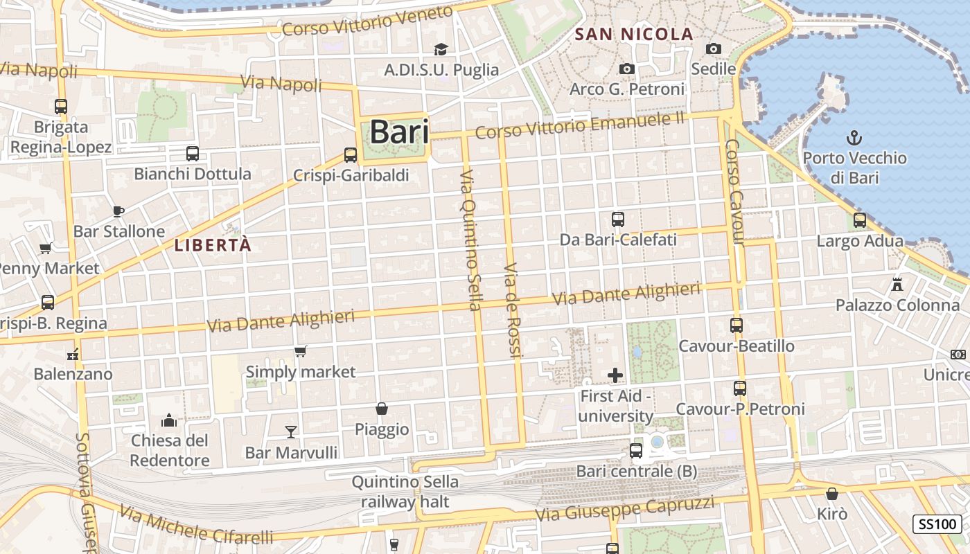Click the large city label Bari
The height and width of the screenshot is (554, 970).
click(399, 132)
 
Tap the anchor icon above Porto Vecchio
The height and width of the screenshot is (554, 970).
click(854, 137)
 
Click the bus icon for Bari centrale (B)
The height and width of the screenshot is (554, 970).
click(635, 451)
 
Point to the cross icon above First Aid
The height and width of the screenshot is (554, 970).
click(615, 375)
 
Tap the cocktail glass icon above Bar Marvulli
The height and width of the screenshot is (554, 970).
click(291, 432)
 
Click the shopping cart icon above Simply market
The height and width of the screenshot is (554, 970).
click(300, 352)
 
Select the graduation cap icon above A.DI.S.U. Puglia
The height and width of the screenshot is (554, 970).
click(441, 48)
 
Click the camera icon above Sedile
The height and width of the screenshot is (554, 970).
click(713, 48)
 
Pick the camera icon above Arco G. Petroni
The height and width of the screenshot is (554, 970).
click(626, 69)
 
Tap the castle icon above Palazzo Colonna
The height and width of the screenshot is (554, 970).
click(897, 284)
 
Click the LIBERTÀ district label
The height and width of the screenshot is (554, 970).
click(212, 245)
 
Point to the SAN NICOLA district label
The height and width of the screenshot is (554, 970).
click(634, 34)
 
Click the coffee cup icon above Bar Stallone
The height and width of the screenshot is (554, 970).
click(118, 211)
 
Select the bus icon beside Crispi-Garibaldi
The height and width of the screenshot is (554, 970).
click(351, 155)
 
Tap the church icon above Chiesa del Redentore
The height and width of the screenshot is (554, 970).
click(169, 420)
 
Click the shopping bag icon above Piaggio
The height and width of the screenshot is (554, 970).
click(381, 409)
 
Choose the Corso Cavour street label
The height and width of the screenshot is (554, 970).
click(734, 193)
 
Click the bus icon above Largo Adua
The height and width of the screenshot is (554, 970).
click(860, 220)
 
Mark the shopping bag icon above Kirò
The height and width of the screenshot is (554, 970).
click(832, 494)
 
